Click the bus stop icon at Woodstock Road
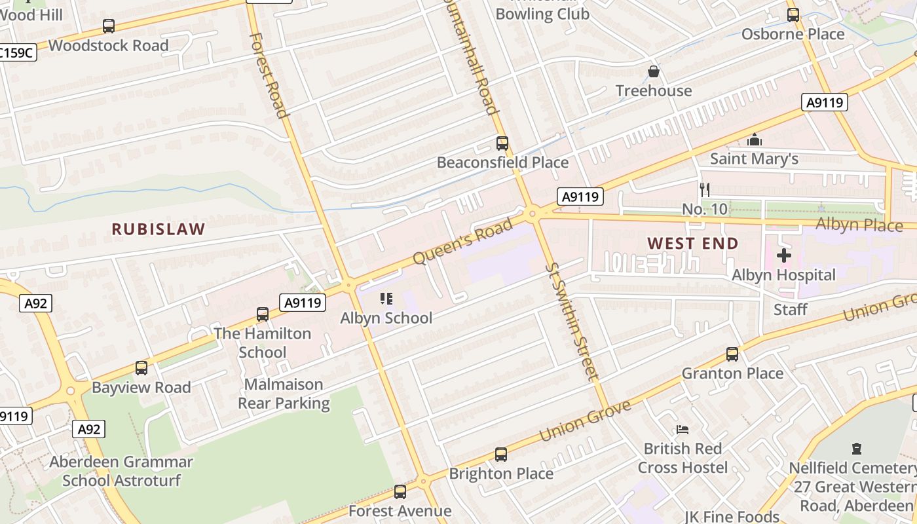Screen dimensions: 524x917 click(x=109, y=26)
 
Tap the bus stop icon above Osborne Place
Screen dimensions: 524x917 click(x=793, y=14)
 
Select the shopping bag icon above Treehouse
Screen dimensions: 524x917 click(x=653, y=71)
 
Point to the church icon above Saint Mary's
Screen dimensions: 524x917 click(x=755, y=140)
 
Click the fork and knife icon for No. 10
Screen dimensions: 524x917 click(x=705, y=190)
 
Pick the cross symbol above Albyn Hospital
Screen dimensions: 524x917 click(x=784, y=255)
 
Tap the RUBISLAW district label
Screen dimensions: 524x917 click(x=159, y=229)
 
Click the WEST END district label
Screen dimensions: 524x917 click(x=693, y=243)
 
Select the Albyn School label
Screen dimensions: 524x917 click(x=386, y=318)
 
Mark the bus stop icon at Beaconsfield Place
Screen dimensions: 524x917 click(x=502, y=143)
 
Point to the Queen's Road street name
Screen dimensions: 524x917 click(x=463, y=242)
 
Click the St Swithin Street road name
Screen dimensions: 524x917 click(x=572, y=320)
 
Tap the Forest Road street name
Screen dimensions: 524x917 click(x=269, y=75)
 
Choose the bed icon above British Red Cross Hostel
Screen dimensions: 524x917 click(x=683, y=430)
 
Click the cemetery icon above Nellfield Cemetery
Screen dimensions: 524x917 click(x=857, y=449)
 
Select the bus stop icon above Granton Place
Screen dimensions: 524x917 click(x=732, y=354)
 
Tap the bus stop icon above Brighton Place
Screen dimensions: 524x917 click(x=501, y=454)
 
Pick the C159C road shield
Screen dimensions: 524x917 click(x=17, y=52)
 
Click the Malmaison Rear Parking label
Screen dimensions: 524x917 click(x=284, y=394)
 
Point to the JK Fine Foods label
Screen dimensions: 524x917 click(x=732, y=517)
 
